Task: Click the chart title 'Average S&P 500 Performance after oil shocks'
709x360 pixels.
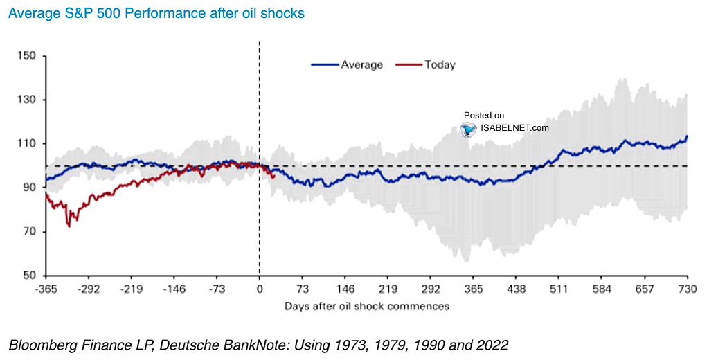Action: click(153, 13)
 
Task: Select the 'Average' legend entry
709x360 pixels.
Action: click(361, 64)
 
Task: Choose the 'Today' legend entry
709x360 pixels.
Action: click(440, 64)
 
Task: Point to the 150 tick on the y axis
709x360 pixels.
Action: click(29, 56)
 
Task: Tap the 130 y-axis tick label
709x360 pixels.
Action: click(29, 100)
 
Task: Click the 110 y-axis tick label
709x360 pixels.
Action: click(29, 144)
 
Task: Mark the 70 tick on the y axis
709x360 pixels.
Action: click(30, 231)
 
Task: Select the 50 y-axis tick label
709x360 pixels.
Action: click(30, 276)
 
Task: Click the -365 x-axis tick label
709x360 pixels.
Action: click(46, 289)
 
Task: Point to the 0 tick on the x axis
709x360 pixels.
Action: click(260, 289)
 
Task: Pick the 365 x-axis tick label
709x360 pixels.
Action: click(474, 289)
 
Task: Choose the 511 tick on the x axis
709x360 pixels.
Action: click(559, 289)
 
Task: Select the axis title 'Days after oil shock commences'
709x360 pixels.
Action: click(366, 305)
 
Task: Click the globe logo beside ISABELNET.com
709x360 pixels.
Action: click(469, 129)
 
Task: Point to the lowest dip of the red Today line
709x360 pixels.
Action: click(69, 226)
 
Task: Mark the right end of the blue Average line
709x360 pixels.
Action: click(687, 136)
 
